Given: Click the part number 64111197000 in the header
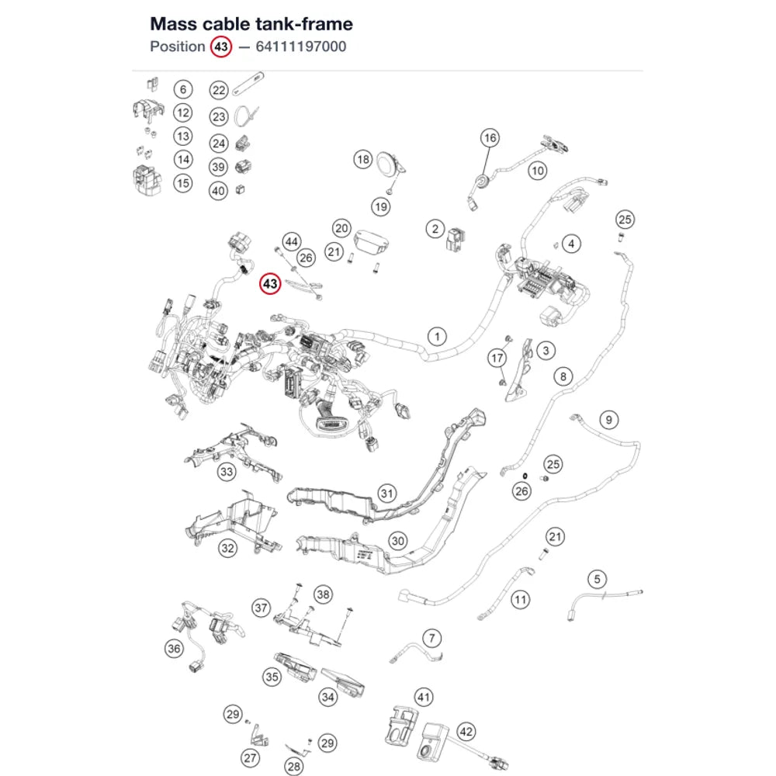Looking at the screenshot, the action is tap(301, 47).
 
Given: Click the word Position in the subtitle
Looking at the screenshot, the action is tap(177, 47).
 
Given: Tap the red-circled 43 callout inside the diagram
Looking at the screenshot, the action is tap(270, 284).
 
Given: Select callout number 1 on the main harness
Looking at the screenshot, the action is tap(437, 337).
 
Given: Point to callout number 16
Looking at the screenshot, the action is tap(490, 137).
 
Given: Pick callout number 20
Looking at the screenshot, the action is tap(341, 229).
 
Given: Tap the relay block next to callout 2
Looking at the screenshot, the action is tap(455, 239).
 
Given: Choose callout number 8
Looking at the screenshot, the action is tap(563, 376).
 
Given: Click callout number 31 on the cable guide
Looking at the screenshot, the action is tap(387, 494).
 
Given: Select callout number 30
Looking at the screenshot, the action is tap(398, 541).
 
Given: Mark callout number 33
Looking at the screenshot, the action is tap(227, 472).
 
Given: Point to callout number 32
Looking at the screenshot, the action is tap(227, 549).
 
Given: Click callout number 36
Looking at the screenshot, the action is tap(174, 649).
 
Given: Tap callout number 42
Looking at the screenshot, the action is tap(466, 732).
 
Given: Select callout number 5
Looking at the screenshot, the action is tap(598, 580).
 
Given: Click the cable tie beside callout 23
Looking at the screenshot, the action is tap(246, 117).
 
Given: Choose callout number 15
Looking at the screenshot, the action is tap(183, 183).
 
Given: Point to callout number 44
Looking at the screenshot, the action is tap(292, 242).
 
